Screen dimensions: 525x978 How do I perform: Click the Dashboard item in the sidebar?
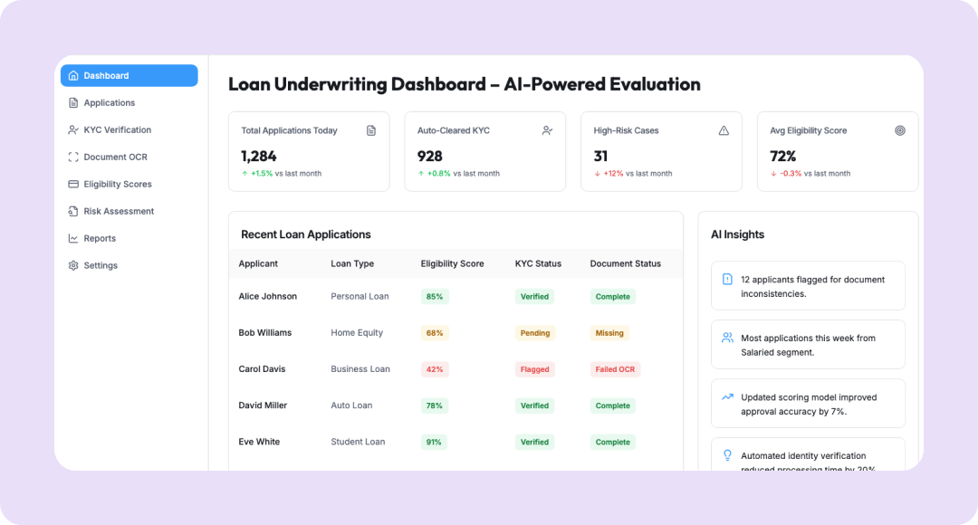point(129,76)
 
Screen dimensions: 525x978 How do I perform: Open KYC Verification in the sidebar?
point(117,130)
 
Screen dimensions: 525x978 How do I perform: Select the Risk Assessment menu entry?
point(119,212)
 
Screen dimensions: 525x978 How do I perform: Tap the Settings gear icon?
point(73,266)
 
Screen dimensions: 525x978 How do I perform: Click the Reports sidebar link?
point(100,239)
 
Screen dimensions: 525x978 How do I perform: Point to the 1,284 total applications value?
point(259,156)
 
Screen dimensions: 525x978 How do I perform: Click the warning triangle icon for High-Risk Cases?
point(724,130)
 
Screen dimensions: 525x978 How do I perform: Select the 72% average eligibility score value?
point(783,156)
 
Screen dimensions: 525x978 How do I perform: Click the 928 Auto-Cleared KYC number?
point(430,156)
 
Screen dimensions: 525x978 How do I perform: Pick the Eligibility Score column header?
point(452,263)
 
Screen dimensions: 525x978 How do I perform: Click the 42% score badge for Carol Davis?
point(435,369)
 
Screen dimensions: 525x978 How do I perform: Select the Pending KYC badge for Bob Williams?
point(535,333)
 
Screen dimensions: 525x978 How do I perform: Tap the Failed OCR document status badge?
point(615,369)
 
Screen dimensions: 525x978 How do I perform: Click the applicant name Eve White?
point(259,442)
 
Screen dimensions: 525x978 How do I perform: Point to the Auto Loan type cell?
point(351,406)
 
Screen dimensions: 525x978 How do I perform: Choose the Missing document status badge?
point(609,333)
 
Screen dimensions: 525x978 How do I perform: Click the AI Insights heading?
point(737,234)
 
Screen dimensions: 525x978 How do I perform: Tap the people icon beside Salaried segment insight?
point(727,338)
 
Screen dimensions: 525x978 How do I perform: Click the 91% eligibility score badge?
point(435,442)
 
